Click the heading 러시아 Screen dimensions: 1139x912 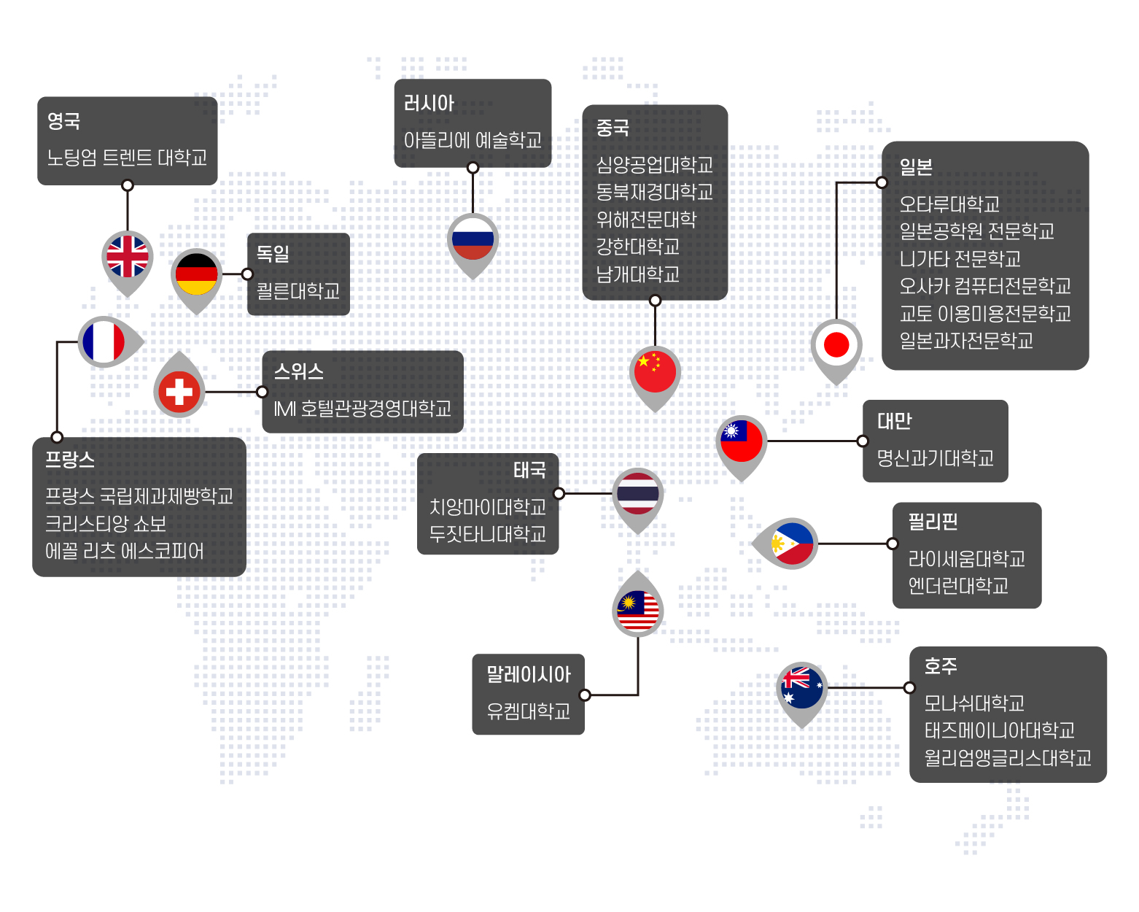point(429,103)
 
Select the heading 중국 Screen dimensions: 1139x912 point(613,128)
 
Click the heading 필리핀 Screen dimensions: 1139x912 point(933,522)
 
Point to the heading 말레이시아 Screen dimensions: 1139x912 point(528,674)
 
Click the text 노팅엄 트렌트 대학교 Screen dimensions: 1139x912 point(127,158)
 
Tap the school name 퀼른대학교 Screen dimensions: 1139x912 point(298,291)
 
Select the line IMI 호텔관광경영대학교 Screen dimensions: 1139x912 point(362,409)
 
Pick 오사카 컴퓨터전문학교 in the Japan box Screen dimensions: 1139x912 point(985,286)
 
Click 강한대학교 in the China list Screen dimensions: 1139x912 point(637,247)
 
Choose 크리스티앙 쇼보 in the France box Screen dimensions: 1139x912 point(105,524)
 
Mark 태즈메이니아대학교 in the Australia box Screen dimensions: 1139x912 point(999,730)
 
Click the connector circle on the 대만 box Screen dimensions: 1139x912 point(862,441)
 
